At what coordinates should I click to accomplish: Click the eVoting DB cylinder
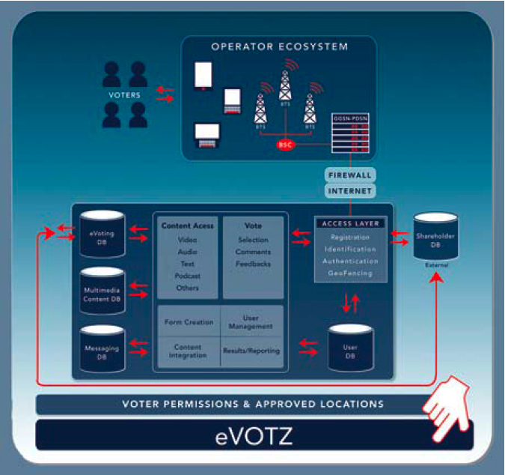pos(102,234)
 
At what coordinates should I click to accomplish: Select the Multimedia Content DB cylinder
pos(102,291)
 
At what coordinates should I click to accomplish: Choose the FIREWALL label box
pos(349,175)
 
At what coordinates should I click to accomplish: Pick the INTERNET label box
pos(349,191)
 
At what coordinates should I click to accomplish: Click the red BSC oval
pos(285,145)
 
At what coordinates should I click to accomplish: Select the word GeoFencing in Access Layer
pos(350,273)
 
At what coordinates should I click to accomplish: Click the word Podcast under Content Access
pos(187,276)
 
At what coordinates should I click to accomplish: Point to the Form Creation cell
pos(187,322)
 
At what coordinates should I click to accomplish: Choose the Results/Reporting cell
pos(251,350)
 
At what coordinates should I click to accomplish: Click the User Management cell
pos(251,322)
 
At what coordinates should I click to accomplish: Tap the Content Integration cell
pos(187,351)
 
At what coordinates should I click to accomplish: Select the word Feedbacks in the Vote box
pos(253,264)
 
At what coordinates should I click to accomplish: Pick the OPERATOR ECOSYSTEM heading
pos(279,46)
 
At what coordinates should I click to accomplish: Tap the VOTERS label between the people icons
pos(124,95)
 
